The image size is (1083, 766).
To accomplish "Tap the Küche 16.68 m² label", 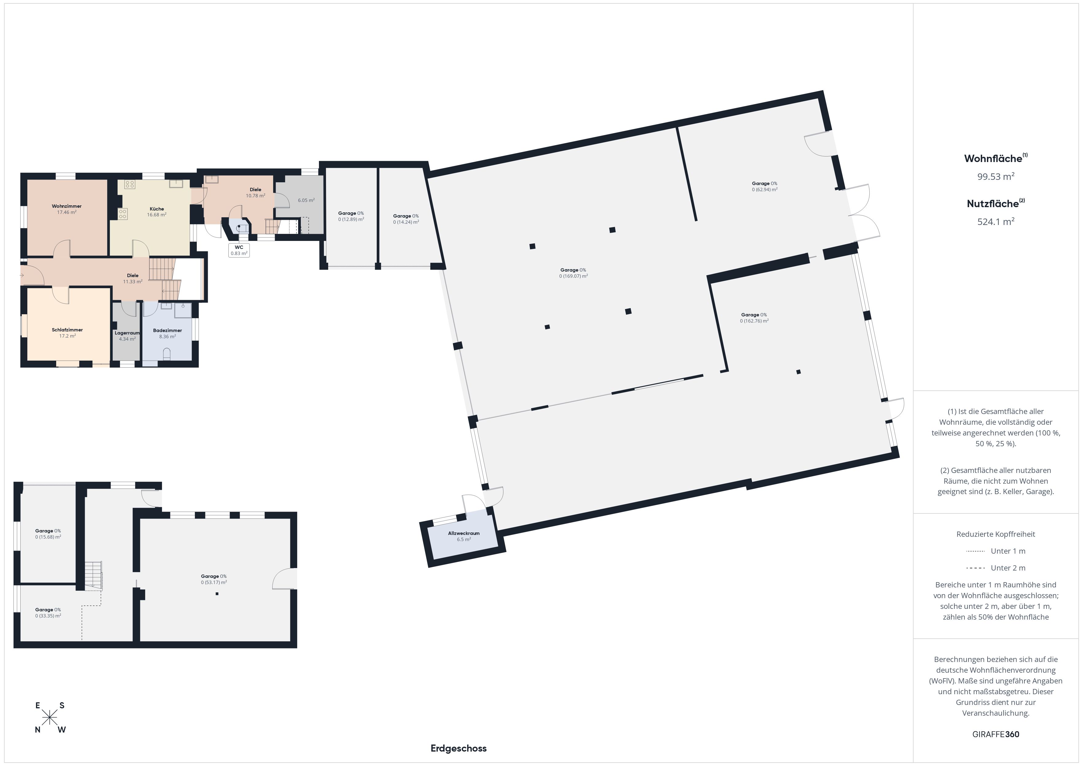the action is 157,212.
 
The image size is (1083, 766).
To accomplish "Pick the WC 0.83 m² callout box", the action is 239,250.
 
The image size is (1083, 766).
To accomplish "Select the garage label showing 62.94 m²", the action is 765,186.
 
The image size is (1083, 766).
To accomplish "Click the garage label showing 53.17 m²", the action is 214,579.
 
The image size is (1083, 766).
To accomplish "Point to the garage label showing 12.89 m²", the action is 351,216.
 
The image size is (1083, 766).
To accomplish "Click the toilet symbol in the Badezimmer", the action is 166,354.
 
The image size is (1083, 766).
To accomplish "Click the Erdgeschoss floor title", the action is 459,748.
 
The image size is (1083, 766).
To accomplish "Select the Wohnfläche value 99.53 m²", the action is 996,176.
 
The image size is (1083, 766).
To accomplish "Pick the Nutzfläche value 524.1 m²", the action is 996,221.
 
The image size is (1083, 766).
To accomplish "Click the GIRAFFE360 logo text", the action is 996,734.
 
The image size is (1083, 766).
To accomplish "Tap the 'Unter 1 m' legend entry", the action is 996,551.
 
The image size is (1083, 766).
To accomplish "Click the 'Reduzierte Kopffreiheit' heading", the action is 996,534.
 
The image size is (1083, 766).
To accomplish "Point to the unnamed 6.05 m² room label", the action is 306,200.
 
